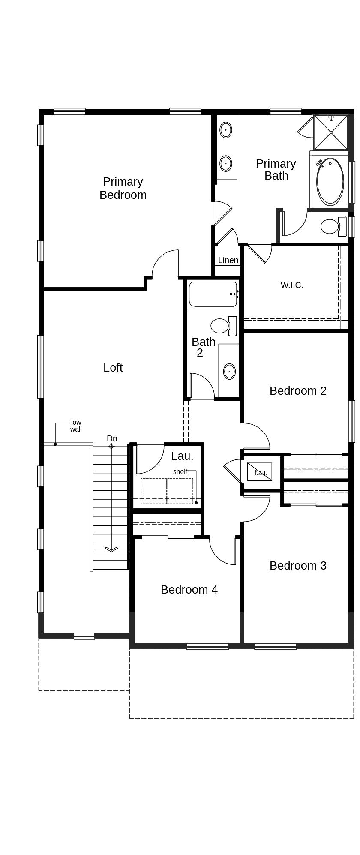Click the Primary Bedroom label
point(123,188)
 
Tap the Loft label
point(113,368)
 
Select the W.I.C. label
point(292,285)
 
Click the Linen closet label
point(228,260)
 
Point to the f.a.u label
point(261,473)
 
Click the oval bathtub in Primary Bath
point(330,182)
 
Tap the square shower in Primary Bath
point(331,132)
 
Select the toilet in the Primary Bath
point(333,226)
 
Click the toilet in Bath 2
point(223,326)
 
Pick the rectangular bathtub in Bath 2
point(213,294)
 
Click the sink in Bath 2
point(230,371)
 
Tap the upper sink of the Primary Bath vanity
point(226,130)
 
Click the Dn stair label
point(112,438)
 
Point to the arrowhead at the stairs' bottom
point(111,549)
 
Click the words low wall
point(76,426)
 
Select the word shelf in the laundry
point(180,471)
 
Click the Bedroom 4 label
point(189,590)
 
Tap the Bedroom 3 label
point(298,566)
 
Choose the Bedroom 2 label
point(298,391)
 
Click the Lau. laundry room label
point(182,456)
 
